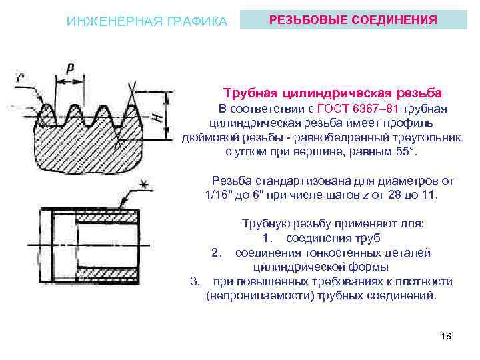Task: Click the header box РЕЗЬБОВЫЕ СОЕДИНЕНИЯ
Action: (353, 21)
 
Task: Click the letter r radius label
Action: (20, 78)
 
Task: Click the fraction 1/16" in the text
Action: (223, 195)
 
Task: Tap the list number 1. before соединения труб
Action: (268, 238)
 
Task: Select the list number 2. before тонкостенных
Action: (216, 253)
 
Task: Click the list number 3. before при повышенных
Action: (195, 281)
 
